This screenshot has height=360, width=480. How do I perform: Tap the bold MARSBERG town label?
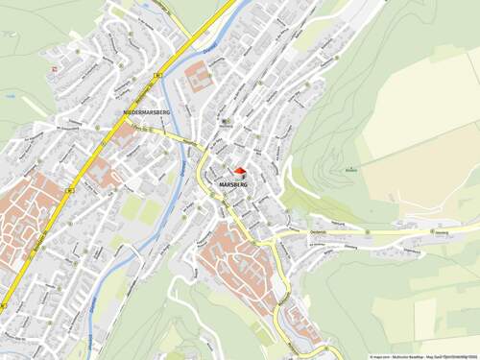(x=233, y=181)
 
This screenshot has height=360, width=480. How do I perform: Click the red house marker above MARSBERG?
(x=240, y=170)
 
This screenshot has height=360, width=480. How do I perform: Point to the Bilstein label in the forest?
(x=352, y=170)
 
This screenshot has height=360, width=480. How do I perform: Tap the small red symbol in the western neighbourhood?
(x=55, y=69)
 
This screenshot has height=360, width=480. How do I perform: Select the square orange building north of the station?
(x=199, y=76)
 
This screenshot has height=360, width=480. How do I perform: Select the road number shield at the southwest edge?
(x=3, y=305)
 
